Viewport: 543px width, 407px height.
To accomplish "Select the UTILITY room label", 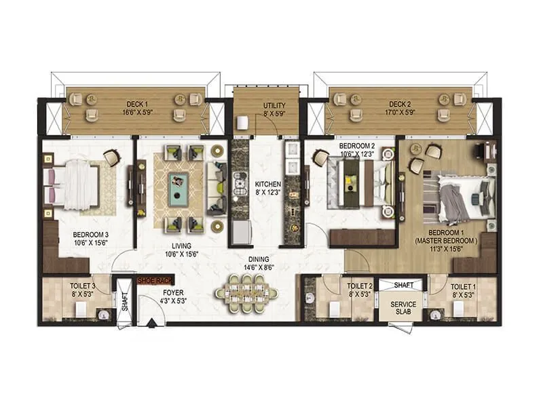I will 274,106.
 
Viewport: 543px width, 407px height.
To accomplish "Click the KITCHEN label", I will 268,184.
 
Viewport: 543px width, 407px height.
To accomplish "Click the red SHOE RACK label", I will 155,279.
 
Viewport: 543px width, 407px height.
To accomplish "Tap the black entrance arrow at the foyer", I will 149,322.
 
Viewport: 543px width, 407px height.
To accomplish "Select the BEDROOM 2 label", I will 356,146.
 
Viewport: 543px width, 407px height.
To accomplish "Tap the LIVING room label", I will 181,246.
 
